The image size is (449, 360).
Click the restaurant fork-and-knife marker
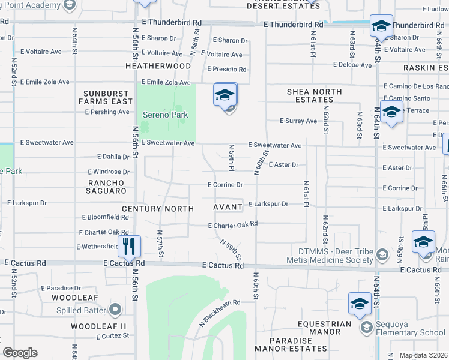click(x=129, y=245)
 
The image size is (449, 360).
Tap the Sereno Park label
click(x=165, y=115)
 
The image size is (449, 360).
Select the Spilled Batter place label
click(x=81, y=310)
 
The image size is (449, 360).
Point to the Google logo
click(x=20, y=353)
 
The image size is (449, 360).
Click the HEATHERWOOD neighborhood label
click(x=158, y=66)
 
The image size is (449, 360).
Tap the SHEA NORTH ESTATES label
click(x=314, y=95)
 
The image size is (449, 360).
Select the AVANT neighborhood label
click(x=228, y=207)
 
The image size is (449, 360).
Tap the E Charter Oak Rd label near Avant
click(x=232, y=225)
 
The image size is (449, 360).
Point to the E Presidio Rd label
click(x=227, y=70)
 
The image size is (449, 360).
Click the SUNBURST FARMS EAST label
click(x=107, y=97)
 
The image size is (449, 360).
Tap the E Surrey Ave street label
click(x=298, y=121)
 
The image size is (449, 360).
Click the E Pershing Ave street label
click(x=108, y=112)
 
